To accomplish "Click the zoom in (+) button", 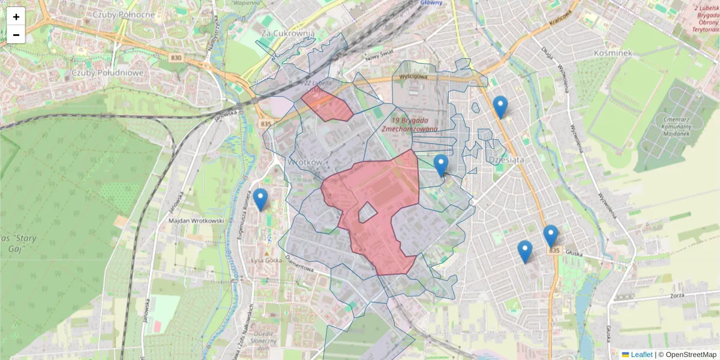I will click(16, 17).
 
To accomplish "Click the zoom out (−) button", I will click(16, 34).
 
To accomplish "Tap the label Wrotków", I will click(305, 162).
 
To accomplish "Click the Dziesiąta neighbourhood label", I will click(506, 160).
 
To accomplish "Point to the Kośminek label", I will click(613, 53).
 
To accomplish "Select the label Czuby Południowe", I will click(107, 73).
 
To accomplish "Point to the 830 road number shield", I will click(176, 57).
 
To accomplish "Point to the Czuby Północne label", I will click(124, 14).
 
